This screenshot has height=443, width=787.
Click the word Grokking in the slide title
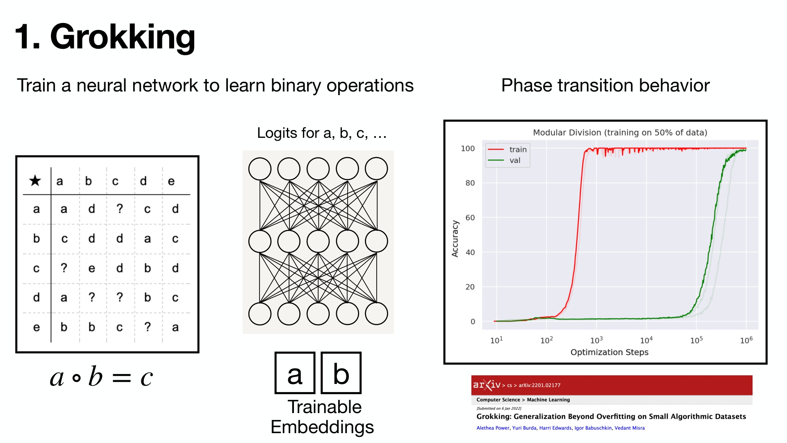point(123,38)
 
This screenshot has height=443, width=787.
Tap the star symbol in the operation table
point(35,180)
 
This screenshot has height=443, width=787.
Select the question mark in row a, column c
point(120,209)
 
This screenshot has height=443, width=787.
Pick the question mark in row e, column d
point(148,327)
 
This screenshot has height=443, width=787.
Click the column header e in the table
point(171,181)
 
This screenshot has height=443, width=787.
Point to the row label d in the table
point(36,297)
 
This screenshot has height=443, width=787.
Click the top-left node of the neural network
point(260,169)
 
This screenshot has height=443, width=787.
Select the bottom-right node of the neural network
point(376,314)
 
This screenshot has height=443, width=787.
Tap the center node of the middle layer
point(318,241)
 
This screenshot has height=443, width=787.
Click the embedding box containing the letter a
point(295,373)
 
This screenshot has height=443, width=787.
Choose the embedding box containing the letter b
point(341,373)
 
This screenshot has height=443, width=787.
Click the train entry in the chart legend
point(507,150)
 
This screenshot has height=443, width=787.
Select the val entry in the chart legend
point(504,160)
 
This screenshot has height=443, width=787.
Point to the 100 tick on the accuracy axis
point(468,148)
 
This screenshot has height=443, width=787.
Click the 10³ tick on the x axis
point(596,340)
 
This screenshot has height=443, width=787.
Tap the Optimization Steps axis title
point(610,352)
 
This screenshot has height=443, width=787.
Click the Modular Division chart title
point(620,132)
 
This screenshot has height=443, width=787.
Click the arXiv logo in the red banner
point(487,385)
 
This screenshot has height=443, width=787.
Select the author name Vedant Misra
point(630,428)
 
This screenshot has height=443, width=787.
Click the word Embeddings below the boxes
point(322,427)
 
